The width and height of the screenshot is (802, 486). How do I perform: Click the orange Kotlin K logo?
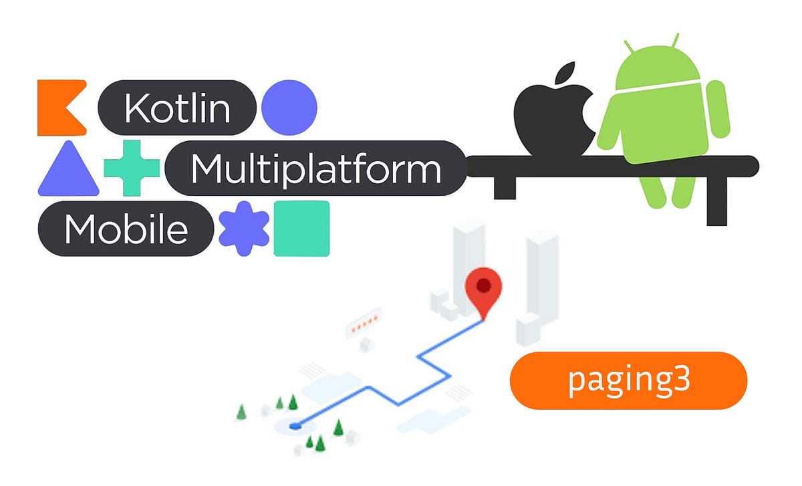(60, 107)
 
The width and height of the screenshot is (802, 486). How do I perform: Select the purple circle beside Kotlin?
(289, 107)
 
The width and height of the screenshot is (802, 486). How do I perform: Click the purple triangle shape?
(68, 170)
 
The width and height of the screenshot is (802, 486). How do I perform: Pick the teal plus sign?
(132, 168)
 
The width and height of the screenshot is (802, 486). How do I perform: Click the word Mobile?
(126, 229)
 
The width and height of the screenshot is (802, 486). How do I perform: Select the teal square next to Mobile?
(301, 229)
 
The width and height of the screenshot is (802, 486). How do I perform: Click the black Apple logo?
(552, 120)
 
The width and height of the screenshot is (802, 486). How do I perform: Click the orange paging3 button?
(628, 380)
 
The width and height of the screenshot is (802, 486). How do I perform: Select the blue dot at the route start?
(296, 424)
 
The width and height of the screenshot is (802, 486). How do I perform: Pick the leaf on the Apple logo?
(565, 73)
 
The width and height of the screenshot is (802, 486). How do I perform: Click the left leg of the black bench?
(505, 187)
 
